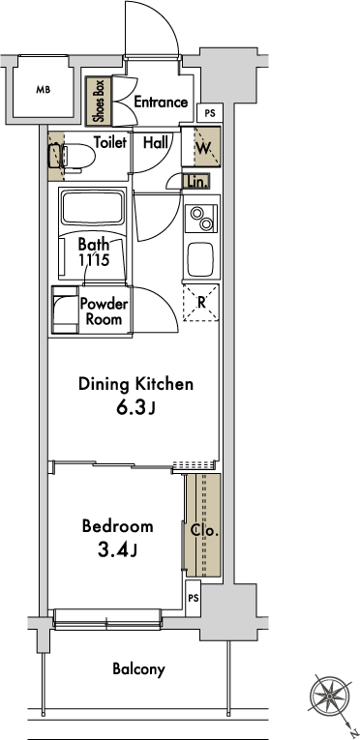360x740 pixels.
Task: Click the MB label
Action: (43, 89)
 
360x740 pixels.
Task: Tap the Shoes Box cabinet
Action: (99, 101)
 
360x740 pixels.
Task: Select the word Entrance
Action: (161, 102)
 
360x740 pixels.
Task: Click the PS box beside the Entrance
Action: (210, 113)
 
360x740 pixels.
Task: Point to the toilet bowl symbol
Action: (75, 156)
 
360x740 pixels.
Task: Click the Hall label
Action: (156, 142)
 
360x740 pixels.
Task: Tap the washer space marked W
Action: (207, 146)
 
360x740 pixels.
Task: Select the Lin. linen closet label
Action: (195, 182)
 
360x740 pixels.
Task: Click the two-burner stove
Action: (201, 219)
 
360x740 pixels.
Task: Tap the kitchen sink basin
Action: (201, 259)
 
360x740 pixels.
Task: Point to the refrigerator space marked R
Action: (201, 303)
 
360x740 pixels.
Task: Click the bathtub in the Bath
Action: (93, 207)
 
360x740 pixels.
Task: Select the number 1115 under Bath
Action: (94, 259)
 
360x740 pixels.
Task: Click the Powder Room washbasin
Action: (65, 311)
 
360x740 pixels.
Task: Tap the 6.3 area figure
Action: (131, 408)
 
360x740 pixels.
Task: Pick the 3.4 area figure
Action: (112, 549)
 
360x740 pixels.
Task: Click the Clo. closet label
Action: (204, 531)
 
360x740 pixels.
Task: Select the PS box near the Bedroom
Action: (194, 599)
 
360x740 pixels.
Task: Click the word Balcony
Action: (139, 669)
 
